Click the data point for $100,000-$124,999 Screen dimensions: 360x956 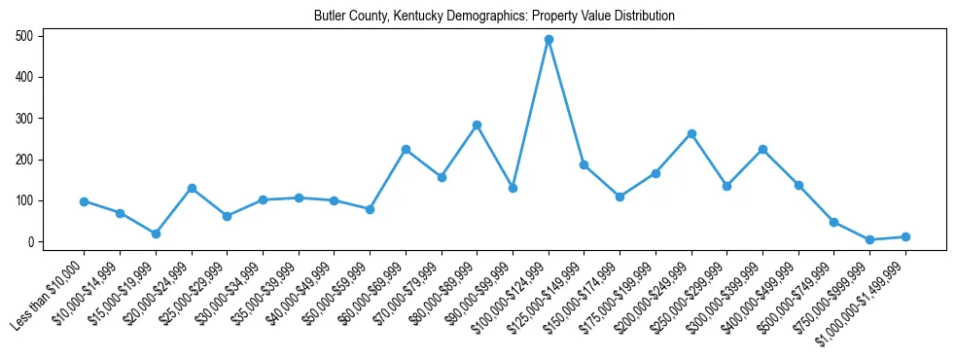point(549,40)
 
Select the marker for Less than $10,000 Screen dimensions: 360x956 point(84,201)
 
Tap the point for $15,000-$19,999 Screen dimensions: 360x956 point(156,234)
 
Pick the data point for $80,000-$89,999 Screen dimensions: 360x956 point(477,125)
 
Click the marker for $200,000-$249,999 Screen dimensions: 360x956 point(691,133)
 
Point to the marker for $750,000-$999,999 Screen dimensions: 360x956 point(869,239)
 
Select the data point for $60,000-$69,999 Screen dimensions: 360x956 point(406,149)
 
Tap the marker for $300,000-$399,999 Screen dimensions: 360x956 point(762,149)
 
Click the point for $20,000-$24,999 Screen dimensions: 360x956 point(192,188)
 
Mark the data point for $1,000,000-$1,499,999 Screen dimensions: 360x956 point(905,236)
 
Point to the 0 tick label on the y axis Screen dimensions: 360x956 point(31,242)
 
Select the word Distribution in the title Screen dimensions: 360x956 point(644,17)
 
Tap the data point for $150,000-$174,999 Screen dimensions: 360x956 point(620,197)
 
